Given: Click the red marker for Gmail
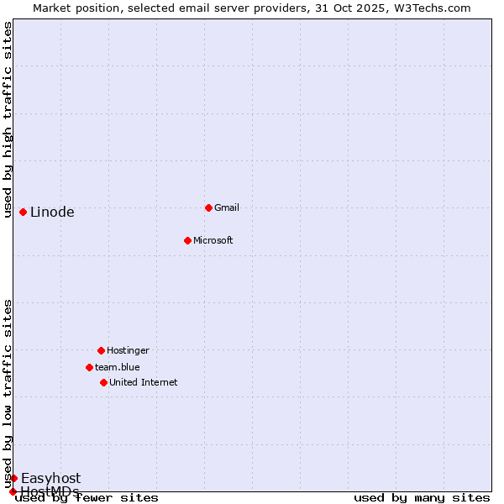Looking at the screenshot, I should coord(208,207).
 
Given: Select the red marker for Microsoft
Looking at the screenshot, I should coord(187,240).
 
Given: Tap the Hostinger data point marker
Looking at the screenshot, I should coord(101,350).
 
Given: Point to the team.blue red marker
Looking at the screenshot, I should coord(89,367).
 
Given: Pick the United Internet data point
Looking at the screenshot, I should coord(103,382).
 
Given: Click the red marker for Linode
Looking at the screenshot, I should coord(23,212).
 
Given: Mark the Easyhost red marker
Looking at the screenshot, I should coord(13,478).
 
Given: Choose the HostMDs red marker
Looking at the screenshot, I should coord(13,491).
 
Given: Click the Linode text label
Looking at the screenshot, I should coord(52,213).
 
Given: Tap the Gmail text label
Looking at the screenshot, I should coord(227,207).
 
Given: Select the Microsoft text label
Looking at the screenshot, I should coord(213,240).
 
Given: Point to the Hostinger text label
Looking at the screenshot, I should coord(128,350).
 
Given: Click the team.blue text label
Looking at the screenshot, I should coord(118,367).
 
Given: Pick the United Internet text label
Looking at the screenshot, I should coord(143,382).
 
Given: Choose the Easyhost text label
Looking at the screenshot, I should coord(50,479).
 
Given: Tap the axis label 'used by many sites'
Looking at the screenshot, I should coord(422,498).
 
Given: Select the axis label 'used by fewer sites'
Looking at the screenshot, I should coord(87,498).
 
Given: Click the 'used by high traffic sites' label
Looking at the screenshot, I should coord(8,119).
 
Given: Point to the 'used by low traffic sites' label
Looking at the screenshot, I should coord(8,393).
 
